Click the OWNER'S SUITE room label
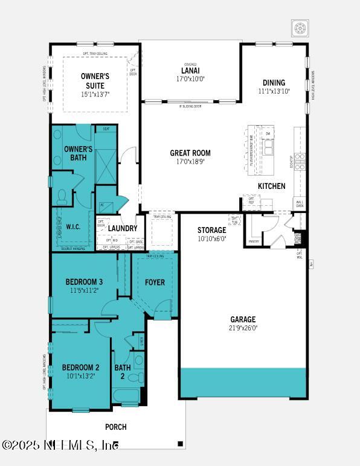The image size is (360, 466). tap(94, 80)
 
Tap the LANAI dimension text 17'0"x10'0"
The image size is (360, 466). tap(190, 78)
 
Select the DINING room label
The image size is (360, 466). tap(274, 83)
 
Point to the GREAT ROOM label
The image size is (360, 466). tap(190, 153)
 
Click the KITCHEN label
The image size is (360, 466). tap(271, 187)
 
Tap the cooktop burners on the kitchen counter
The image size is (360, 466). tap(300, 161)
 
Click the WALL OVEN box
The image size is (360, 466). tap(300, 203)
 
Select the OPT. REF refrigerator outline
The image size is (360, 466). tap(250, 202)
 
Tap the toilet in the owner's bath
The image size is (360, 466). tap(62, 197)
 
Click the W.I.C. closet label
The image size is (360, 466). tap(73, 228)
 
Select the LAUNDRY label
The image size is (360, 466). tap(123, 229)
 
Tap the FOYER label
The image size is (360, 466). tap(155, 282)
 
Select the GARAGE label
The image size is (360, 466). tap(243, 319)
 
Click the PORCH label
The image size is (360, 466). tap(116, 427)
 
